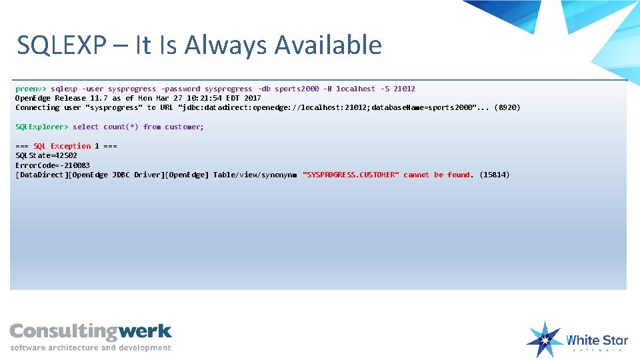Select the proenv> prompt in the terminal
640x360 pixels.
coord(31,89)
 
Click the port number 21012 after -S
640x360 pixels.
coord(404,89)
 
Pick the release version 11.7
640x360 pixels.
coord(99,98)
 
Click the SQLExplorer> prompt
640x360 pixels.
coord(41,127)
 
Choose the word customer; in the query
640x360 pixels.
coord(185,127)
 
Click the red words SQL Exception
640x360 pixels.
coord(62,146)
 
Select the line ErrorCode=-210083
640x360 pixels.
coord(53,165)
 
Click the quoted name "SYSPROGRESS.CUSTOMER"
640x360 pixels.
coord(351,175)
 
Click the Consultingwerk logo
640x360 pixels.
coord(91,331)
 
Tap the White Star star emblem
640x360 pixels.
coord(544,339)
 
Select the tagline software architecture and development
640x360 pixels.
coord(91,347)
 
